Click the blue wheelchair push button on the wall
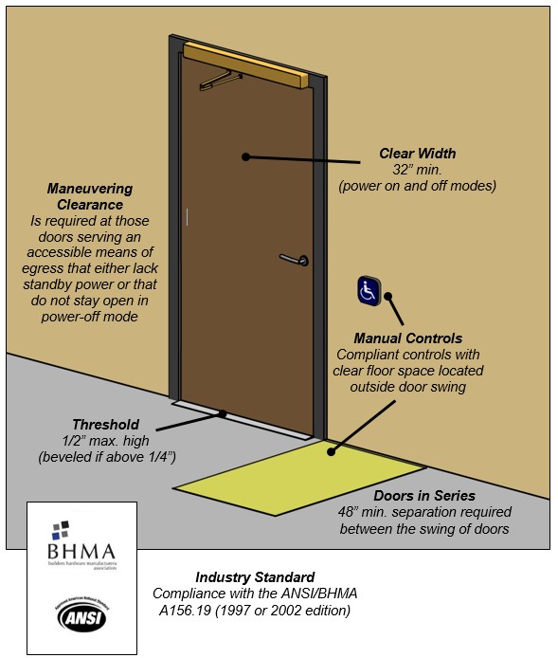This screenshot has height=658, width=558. click(369, 291)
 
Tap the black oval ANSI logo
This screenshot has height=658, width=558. click(81, 616)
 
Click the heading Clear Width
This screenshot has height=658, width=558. click(417, 153)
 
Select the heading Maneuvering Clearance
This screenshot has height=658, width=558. click(90, 196)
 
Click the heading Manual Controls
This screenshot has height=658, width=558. click(407, 338)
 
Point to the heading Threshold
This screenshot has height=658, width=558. click(105, 425)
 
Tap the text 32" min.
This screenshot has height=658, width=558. click(417, 170)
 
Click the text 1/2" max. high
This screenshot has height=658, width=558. click(106, 441)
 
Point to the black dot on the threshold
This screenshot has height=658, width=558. click(223, 413)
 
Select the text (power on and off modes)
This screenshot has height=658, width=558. click(417, 186)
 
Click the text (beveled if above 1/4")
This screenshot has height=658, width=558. click(106, 457)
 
